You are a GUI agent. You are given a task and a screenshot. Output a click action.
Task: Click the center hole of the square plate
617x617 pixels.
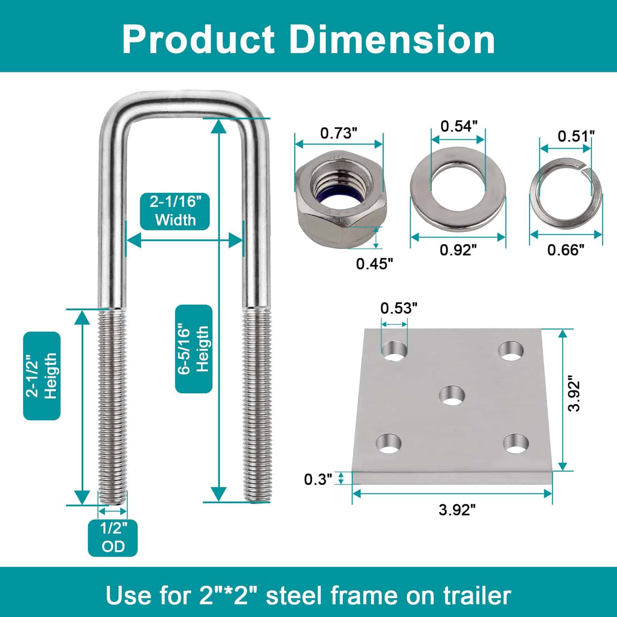452,396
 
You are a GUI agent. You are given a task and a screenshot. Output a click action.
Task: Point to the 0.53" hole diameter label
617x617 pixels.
399,308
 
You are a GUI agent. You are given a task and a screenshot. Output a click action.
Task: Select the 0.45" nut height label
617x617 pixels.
374,264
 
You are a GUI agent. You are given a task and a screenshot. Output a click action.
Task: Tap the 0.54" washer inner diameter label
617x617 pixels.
459,126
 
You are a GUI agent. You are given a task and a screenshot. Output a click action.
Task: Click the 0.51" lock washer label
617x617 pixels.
576,136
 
